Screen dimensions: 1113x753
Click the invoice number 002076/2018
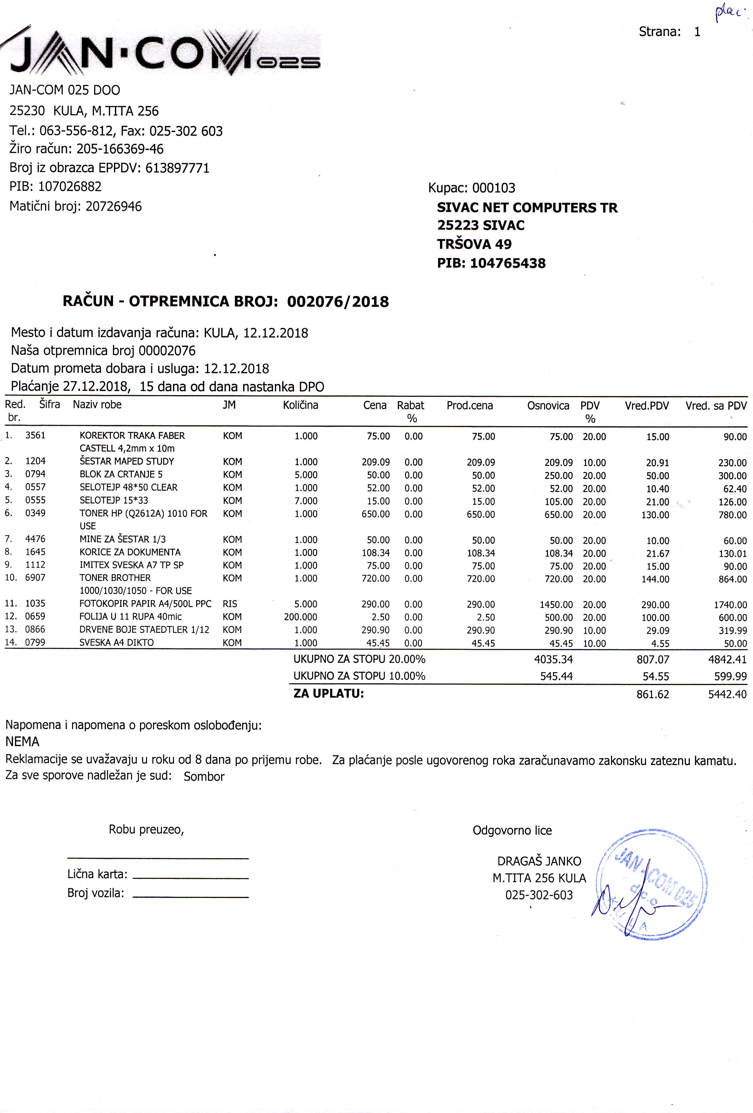[x=338, y=302]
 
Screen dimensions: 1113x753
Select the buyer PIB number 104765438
[x=508, y=263]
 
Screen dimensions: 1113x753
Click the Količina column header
[x=300, y=405]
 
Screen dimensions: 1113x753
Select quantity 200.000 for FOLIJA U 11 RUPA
[x=300, y=617]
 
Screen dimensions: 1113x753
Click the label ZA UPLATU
[x=329, y=693]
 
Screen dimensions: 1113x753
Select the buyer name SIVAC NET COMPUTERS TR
[x=527, y=208]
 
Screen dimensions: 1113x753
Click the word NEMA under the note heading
[x=23, y=742]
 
